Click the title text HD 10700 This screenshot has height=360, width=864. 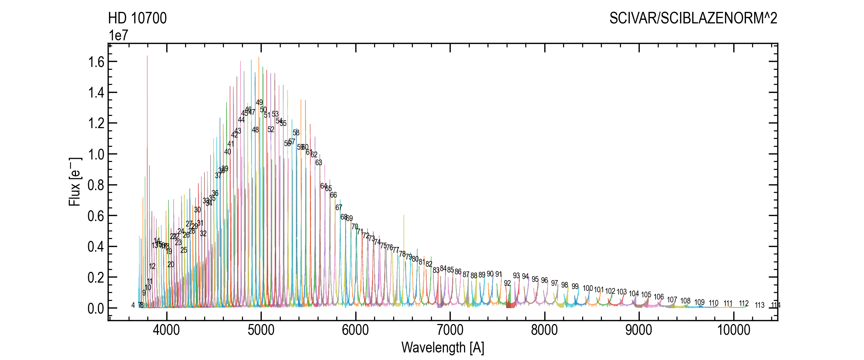pyautogui.click(x=137, y=18)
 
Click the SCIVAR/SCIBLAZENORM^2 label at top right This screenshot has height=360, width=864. pyautogui.click(x=693, y=18)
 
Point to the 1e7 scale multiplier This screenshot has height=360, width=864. pyautogui.click(x=118, y=35)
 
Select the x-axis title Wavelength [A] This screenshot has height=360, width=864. pyautogui.click(x=442, y=347)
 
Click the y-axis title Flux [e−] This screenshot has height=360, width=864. pyautogui.click(x=75, y=182)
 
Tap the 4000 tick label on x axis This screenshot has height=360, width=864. pyautogui.click(x=166, y=330)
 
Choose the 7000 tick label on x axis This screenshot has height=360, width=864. pyautogui.click(x=450, y=330)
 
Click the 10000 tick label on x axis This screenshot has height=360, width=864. pyautogui.click(x=734, y=330)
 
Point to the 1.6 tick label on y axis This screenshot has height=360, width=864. pyautogui.click(x=96, y=62)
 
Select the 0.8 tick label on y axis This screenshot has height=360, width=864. pyautogui.click(x=96, y=185)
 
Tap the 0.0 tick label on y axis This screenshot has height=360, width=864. pyautogui.click(x=96, y=309)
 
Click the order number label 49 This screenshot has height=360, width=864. pyautogui.click(x=259, y=103)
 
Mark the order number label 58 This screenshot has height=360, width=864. pyautogui.click(x=296, y=133)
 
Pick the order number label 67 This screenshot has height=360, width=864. pyautogui.click(x=339, y=208)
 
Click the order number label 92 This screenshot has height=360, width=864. pyautogui.click(x=507, y=283)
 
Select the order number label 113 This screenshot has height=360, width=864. pyautogui.click(x=760, y=305)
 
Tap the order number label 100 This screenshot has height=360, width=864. pyautogui.click(x=588, y=288)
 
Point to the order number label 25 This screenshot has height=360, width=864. pyautogui.click(x=184, y=250)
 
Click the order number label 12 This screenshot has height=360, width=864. pyautogui.click(x=152, y=266)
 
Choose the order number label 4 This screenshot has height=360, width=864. pyautogui.click(x=133, y=305)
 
